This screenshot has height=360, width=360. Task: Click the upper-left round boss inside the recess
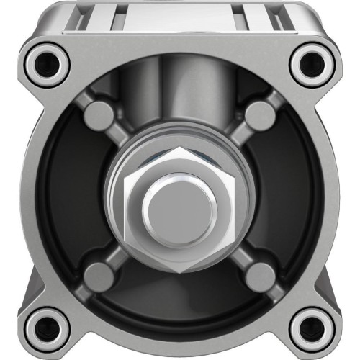coord(99,115)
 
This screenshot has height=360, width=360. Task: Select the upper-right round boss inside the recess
coord(260,115)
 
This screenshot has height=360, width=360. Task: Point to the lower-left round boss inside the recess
coord(99,274)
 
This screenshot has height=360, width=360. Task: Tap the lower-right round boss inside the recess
coord(260,274)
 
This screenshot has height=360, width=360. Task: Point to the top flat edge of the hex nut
coord(180,149)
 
